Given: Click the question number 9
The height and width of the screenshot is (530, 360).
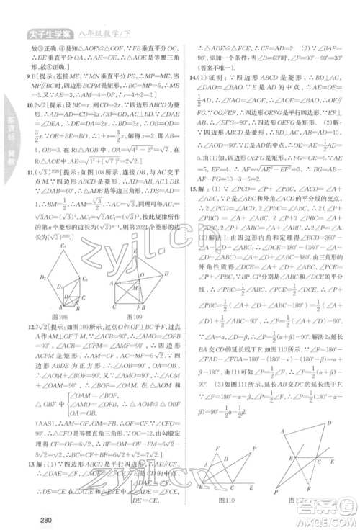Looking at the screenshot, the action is pos(27,75).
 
